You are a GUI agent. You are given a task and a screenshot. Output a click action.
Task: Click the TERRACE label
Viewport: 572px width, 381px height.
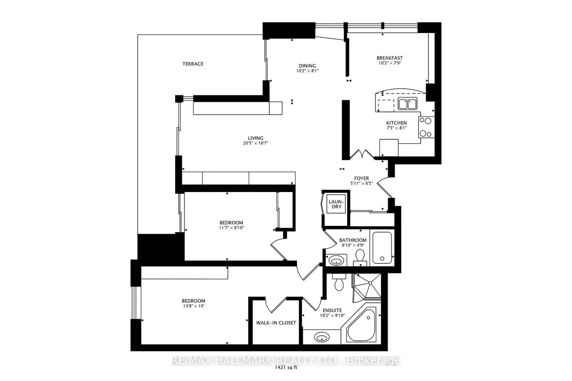tap(193, 64)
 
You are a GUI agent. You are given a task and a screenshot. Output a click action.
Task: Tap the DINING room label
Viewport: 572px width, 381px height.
tap(307, 66)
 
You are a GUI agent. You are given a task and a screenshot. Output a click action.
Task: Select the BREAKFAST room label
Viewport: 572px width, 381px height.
tap(390, 58)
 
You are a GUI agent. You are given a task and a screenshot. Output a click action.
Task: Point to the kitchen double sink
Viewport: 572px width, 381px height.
tap(407, 104)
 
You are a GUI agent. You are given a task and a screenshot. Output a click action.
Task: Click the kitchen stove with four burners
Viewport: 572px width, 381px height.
tap(426, 127)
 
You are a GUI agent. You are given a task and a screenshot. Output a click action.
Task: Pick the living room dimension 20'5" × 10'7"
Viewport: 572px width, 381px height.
tap(255, 143)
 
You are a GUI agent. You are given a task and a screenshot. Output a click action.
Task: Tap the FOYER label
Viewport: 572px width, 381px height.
tap(362, 178)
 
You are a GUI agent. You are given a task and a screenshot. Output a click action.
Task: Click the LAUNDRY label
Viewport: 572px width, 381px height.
tap(337, 204)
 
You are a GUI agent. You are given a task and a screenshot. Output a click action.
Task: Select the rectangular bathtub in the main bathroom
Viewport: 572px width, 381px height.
tap(382, 247)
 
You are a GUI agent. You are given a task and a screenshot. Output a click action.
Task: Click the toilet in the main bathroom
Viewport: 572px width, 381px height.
tap(360, 257)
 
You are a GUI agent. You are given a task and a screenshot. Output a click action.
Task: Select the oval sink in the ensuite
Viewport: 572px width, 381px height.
tap(322, 337)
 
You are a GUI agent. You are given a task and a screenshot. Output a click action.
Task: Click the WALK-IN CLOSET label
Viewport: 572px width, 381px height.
tap(276, 323)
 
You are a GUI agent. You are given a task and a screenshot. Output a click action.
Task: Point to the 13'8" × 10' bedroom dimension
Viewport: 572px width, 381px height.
tap(193, 306)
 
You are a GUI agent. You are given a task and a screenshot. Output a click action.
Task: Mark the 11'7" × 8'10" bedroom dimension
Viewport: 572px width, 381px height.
tap(231, 228)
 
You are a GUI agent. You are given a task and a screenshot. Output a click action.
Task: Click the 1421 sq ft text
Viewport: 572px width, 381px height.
tap(286, 367)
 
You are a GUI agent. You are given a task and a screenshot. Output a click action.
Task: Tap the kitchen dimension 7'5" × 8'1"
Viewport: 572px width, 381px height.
tap(396, 128)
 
